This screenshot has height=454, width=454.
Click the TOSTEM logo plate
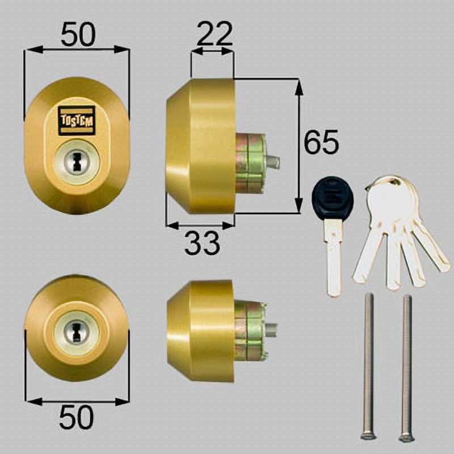(77, 121)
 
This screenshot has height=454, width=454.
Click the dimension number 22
(215, 33)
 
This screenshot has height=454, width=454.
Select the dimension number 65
(321, 142)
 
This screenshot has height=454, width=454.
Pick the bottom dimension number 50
(77, 417)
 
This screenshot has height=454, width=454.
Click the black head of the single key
(333, 196)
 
